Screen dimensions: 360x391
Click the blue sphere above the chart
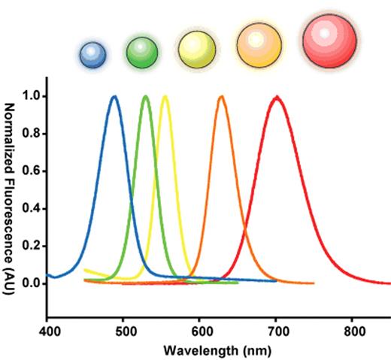[x=93, y=53]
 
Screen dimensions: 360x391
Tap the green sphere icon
[x=141, y=52]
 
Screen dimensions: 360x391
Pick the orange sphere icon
[x=259, y=45]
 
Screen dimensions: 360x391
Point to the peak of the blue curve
[x=114, y=96]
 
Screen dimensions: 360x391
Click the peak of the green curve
[x=145, y=96]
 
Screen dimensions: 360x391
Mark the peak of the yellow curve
[x=165, y=96]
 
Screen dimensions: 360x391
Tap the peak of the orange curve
[x=221, y=96]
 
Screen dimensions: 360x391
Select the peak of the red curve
[x=277, y=96]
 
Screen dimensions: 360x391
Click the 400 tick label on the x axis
[x=48, y=330]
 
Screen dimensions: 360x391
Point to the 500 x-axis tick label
[x=125, y=330]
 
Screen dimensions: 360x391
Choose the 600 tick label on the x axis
[x=201, y=330]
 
